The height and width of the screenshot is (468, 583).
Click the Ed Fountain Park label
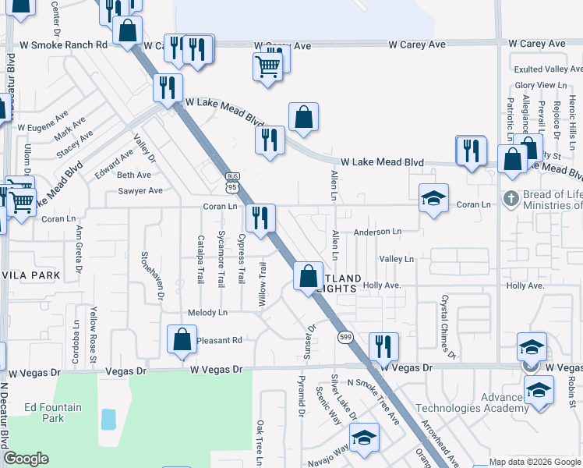click(43, 413)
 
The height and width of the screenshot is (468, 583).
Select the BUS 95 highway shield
click(231, 182)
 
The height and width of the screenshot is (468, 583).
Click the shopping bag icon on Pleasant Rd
click(181, 339)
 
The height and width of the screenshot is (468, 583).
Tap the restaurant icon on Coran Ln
click(260, 218)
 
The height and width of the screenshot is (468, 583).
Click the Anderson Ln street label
click(377, 232)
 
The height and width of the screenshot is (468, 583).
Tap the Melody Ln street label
click(207, 313)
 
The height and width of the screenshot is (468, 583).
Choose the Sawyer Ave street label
click(140, 190)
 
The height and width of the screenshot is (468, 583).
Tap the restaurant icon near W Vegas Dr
click(383, 346)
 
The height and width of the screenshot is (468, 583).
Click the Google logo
click(26, 459)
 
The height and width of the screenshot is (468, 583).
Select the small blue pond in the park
click(108, 420)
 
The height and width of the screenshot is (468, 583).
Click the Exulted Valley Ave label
click(549, 69)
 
